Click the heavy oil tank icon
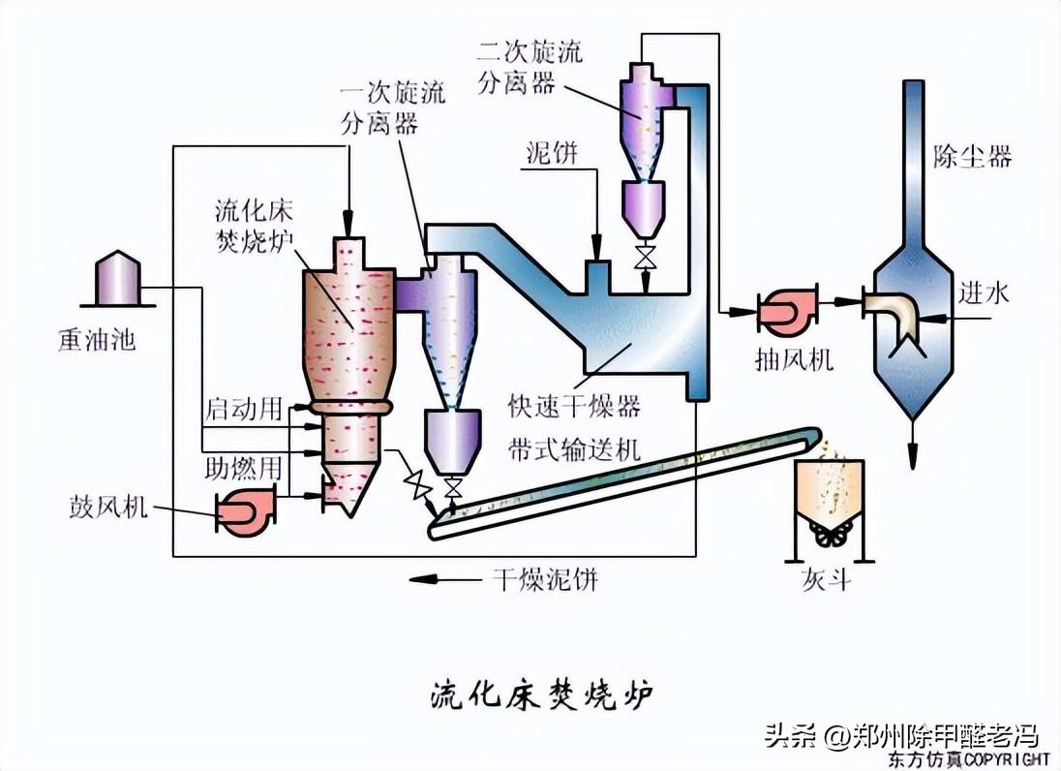coord(116,280)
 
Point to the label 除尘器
coord(972,156)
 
